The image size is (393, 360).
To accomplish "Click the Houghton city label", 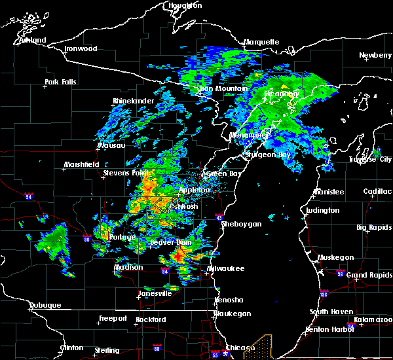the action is click(x=185, y=5).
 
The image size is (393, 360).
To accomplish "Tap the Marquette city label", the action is click(x=261, y=43).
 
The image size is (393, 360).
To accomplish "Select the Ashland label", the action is click(x=33, y=41).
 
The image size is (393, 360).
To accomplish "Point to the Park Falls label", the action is click(x=60, y=82).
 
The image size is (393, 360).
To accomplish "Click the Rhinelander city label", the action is click(x=134, y=101).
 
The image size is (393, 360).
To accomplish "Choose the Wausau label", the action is click(x=111, y=145).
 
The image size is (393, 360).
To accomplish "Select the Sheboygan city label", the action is click(x=242, y=224).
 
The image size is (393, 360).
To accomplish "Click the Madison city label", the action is click(x=128, y=267).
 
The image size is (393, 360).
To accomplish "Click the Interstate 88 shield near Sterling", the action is click(x=157, y=348).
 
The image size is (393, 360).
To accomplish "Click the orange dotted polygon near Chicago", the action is click(x=258, y=348).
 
